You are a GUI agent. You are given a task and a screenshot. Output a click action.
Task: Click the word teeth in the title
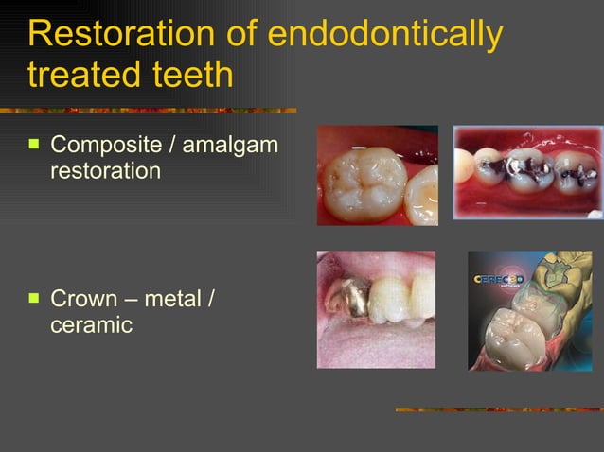pyautogui.click(x=188, y=75)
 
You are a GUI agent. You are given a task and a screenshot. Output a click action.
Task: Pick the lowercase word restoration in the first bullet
pyautogui.click(x=105, y=171)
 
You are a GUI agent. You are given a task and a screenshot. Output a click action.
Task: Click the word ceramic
pyautogui.click(x=91, y=324)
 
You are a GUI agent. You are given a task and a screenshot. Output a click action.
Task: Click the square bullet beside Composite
pyautogui.click(x=34, y=146)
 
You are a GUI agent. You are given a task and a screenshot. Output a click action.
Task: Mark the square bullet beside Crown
pyautogui.click(x=34, y=299)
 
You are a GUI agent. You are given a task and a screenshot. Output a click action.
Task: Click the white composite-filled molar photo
pyautogui.click(x=377, y=175)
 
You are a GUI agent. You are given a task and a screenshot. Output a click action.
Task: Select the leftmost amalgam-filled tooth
pyautogui.click(x=493, y=170)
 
